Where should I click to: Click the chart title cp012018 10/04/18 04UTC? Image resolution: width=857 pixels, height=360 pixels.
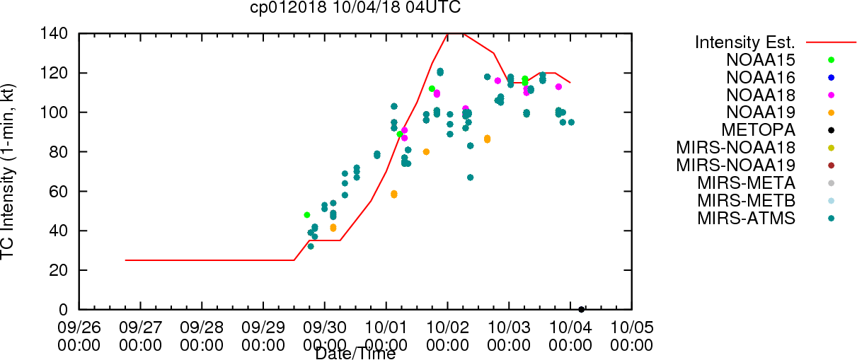click(355, 7)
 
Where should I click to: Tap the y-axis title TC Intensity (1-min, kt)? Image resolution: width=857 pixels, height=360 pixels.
click(7, 172)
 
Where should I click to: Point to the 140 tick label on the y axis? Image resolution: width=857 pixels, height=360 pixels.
click(54, 34)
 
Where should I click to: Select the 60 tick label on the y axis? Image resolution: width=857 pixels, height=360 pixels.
click(59, 192)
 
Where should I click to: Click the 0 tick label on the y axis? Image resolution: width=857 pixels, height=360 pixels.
click(64, 310)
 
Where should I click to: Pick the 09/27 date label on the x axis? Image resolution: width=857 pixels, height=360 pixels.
click(140, 327)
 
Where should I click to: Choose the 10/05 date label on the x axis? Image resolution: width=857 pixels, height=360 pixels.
click(632, 327)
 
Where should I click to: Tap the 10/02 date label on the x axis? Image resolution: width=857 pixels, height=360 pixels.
click(448, 327)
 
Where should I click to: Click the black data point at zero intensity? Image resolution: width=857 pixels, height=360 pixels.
click(581, 310)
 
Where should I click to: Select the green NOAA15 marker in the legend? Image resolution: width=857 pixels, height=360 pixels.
click(831, 60)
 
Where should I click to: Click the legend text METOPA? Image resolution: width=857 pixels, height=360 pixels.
click(759, 130)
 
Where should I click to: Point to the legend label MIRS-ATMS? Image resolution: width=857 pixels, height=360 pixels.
click(746, 219)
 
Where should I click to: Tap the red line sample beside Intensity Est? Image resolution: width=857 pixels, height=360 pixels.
click(831, 42)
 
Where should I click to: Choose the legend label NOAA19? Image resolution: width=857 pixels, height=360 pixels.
click(761, 112)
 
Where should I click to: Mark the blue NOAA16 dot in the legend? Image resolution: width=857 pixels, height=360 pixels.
click(831, 78)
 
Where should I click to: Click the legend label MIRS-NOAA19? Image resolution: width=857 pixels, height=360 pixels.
click(736, 165)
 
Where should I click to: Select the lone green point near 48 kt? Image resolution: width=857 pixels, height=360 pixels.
click(307, 215)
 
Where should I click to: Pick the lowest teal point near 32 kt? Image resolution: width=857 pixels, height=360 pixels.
click(311, 247)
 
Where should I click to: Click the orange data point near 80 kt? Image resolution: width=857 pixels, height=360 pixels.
click(426, 152)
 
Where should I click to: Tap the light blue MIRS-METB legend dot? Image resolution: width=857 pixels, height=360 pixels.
click(831, 201)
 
